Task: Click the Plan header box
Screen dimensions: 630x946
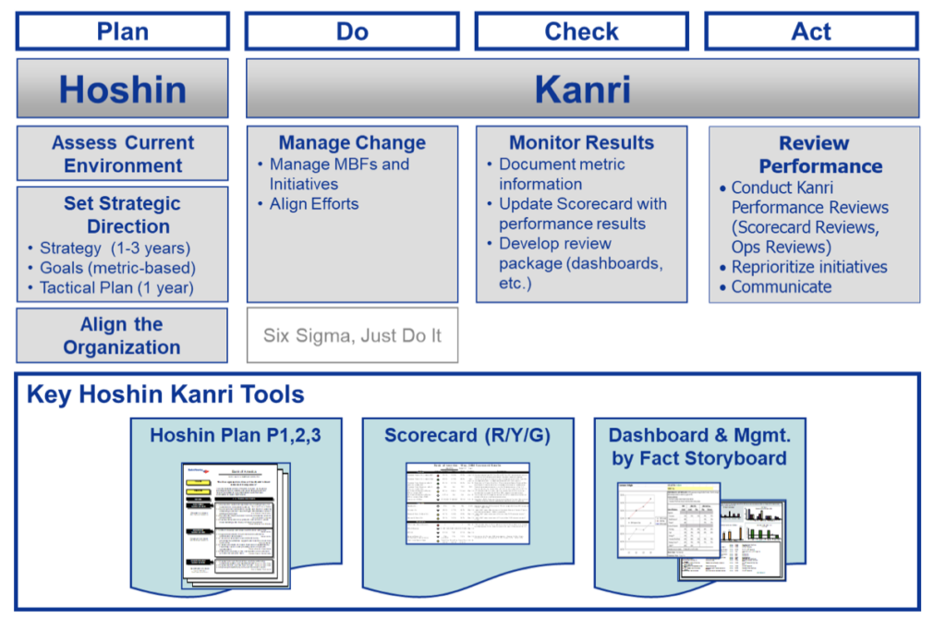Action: click(x=123, y=31)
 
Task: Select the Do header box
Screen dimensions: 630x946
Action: click(x=352, y=31)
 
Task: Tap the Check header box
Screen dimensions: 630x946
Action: click(x=581, y=31)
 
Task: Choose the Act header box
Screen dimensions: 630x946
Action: click(x=811, y=31)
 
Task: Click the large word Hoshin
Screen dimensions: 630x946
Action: click(x=123, y=90)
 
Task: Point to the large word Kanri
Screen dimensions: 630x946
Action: click(x=582, y=90)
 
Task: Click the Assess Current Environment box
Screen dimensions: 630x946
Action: click(x=123, y=154)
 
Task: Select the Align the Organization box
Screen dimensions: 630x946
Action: click(x=122, y=336)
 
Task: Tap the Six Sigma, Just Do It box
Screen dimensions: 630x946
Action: click(x=352, y=335)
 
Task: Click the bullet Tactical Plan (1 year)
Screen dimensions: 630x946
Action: click(x=116, y=287)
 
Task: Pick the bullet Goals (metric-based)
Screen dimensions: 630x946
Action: click(x=117, y=268)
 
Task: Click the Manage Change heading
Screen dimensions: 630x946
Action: click(x=352, y=143)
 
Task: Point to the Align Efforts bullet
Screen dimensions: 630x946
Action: click(x=314, y=204)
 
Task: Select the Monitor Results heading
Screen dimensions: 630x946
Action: click(x=581, y=143)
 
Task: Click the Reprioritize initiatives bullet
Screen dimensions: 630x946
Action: click(x=809, y=267)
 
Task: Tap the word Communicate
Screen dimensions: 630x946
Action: click(x=782, y=287)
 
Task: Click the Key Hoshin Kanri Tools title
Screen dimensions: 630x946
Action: click(x=165, y=395)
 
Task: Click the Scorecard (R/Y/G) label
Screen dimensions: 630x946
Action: click(x=467, y=435)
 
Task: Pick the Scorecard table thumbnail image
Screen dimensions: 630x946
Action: click(x=467, y=503)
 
